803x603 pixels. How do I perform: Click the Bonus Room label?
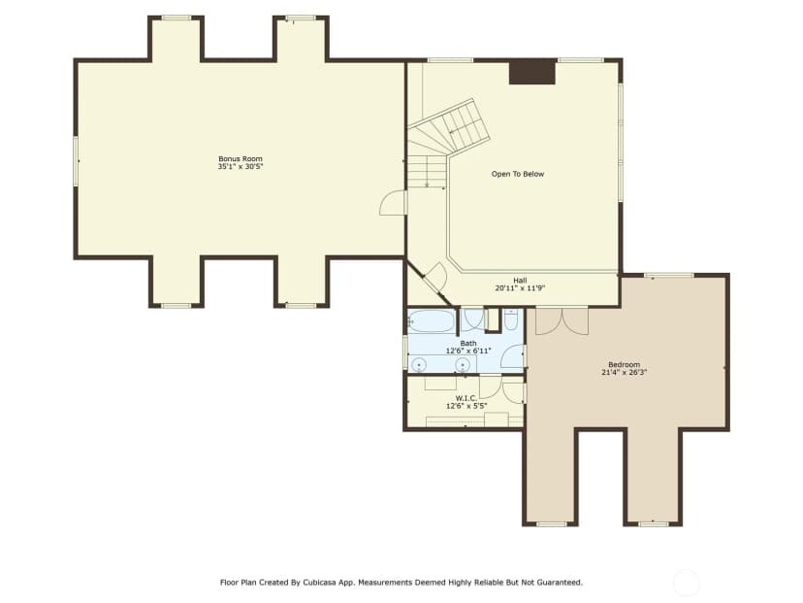point(241,159)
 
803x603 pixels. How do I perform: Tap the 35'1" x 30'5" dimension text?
point(241,167)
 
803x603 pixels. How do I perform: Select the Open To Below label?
point(518,174)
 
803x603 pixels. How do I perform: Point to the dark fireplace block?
point(532,71)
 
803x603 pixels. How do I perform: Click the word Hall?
point(520,281)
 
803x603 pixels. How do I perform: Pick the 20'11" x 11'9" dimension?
point(520,288)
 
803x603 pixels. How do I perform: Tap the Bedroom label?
point(624,364)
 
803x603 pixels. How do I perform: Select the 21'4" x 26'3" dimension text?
point(624,372)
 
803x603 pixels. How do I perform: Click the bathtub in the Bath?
point(432,321)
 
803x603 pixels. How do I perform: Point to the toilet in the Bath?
point(510,320)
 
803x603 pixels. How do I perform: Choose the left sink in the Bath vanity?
point(419,364)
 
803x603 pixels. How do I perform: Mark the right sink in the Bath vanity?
point(463,364)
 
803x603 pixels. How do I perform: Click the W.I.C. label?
point(466,398)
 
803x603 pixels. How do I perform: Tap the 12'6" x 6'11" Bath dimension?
point(468,351)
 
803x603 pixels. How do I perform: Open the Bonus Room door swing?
point(393,202)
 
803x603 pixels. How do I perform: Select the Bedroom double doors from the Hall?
point(562,321)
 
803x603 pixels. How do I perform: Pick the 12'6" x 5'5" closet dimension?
point(466,406)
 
